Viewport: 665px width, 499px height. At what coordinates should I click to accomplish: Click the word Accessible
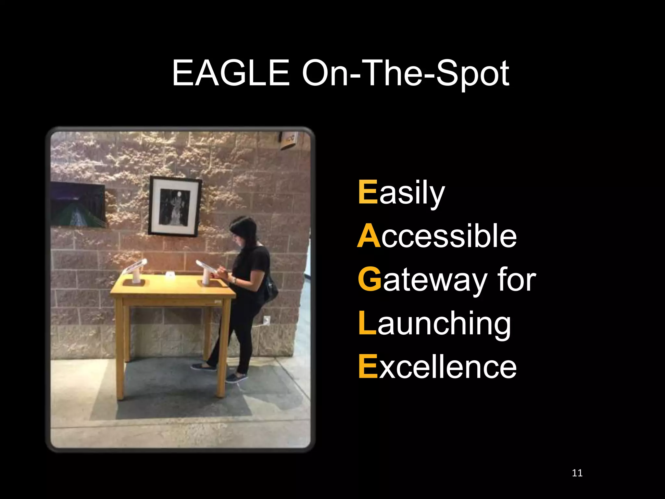pos(437,236)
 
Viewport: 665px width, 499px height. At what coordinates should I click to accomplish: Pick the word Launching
pos(434,324)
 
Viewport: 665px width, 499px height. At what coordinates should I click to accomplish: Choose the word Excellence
pos(437,367)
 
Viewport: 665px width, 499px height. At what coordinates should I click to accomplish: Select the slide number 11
pos(577,473)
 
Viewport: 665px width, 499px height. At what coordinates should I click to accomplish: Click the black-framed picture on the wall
pos(175,206)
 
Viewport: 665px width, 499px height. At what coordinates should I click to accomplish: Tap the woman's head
pos(244,229)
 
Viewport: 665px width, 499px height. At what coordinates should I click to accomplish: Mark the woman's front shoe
pos(236,378)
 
